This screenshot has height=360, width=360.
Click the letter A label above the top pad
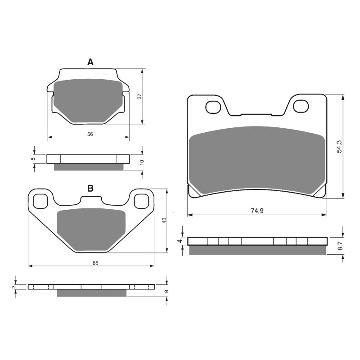pyautogui.click(x=90, y=63)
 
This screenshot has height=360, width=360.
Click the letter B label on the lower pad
pyautogui.click(x=90, y=189)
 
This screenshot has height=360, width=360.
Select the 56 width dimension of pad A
pyautogui.click(x=90, y=134)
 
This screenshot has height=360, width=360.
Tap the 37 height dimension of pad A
pyautogui.click(x=140, y=97)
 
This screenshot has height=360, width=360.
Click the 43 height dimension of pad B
pyautogui.click(x=164, y=220)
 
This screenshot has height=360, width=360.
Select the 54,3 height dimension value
pyautogui.click(x=340, y=146)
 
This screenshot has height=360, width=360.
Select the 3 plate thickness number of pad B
pyautogui.click(x=13, y=287)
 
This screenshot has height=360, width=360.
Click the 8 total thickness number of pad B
pyautogui.click(x=166, y=292)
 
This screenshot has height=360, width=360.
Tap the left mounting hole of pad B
pyautogui.click(x=40, y=200)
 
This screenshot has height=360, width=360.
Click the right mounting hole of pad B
pyautogui.click(x=141, y=200)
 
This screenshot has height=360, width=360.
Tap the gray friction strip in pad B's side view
pyautogui.click(x=92, y=293)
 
